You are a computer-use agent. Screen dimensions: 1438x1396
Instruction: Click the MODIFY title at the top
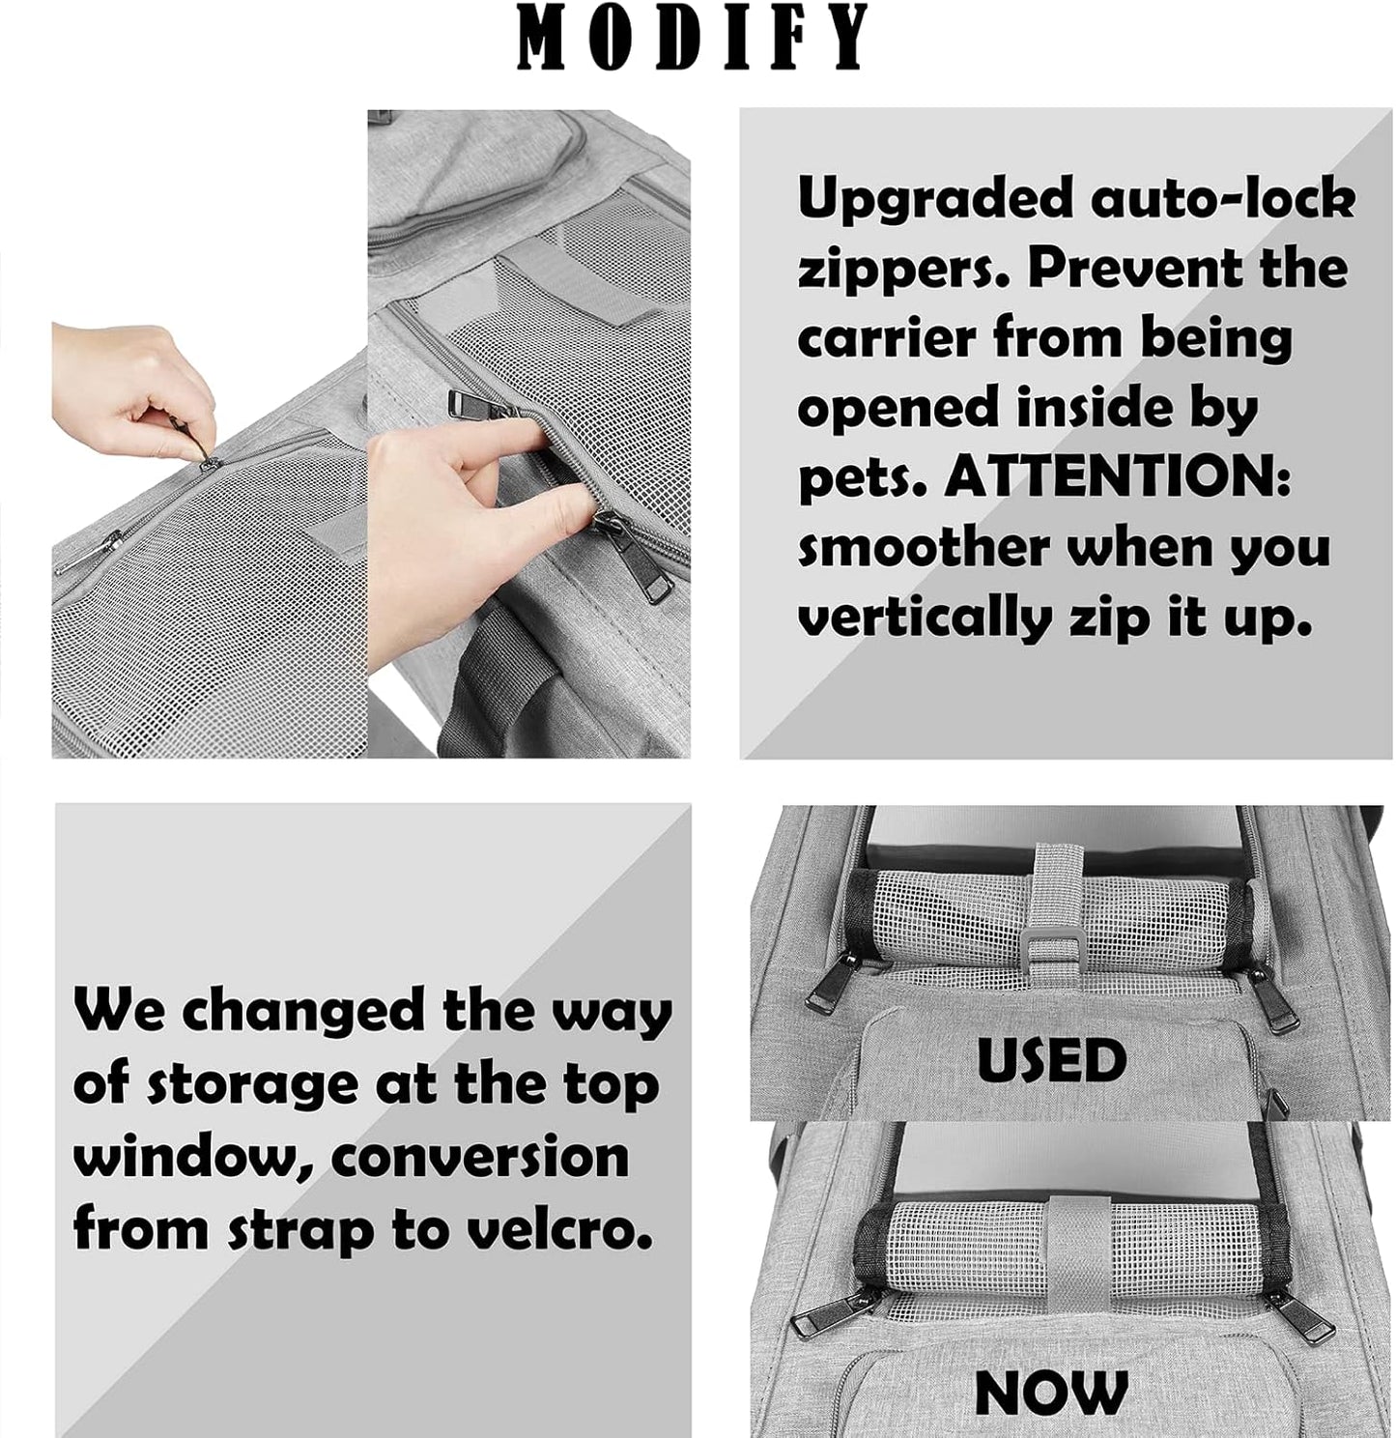coord(693,38)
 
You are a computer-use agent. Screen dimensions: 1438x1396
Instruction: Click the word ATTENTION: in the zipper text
coord(1117,477)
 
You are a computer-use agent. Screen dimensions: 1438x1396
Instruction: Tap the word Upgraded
coord(935,199)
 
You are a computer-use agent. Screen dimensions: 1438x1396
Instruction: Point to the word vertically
coord(925,618)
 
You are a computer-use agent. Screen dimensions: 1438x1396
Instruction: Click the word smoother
coord(923,548)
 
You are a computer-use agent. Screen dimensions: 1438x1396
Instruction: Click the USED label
coord(1051,1061)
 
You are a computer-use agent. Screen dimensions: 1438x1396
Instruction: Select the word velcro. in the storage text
coord(557,1230)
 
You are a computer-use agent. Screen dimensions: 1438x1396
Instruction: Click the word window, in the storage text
coord(193,1157)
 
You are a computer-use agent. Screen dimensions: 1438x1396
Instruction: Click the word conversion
coord(480,1157)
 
